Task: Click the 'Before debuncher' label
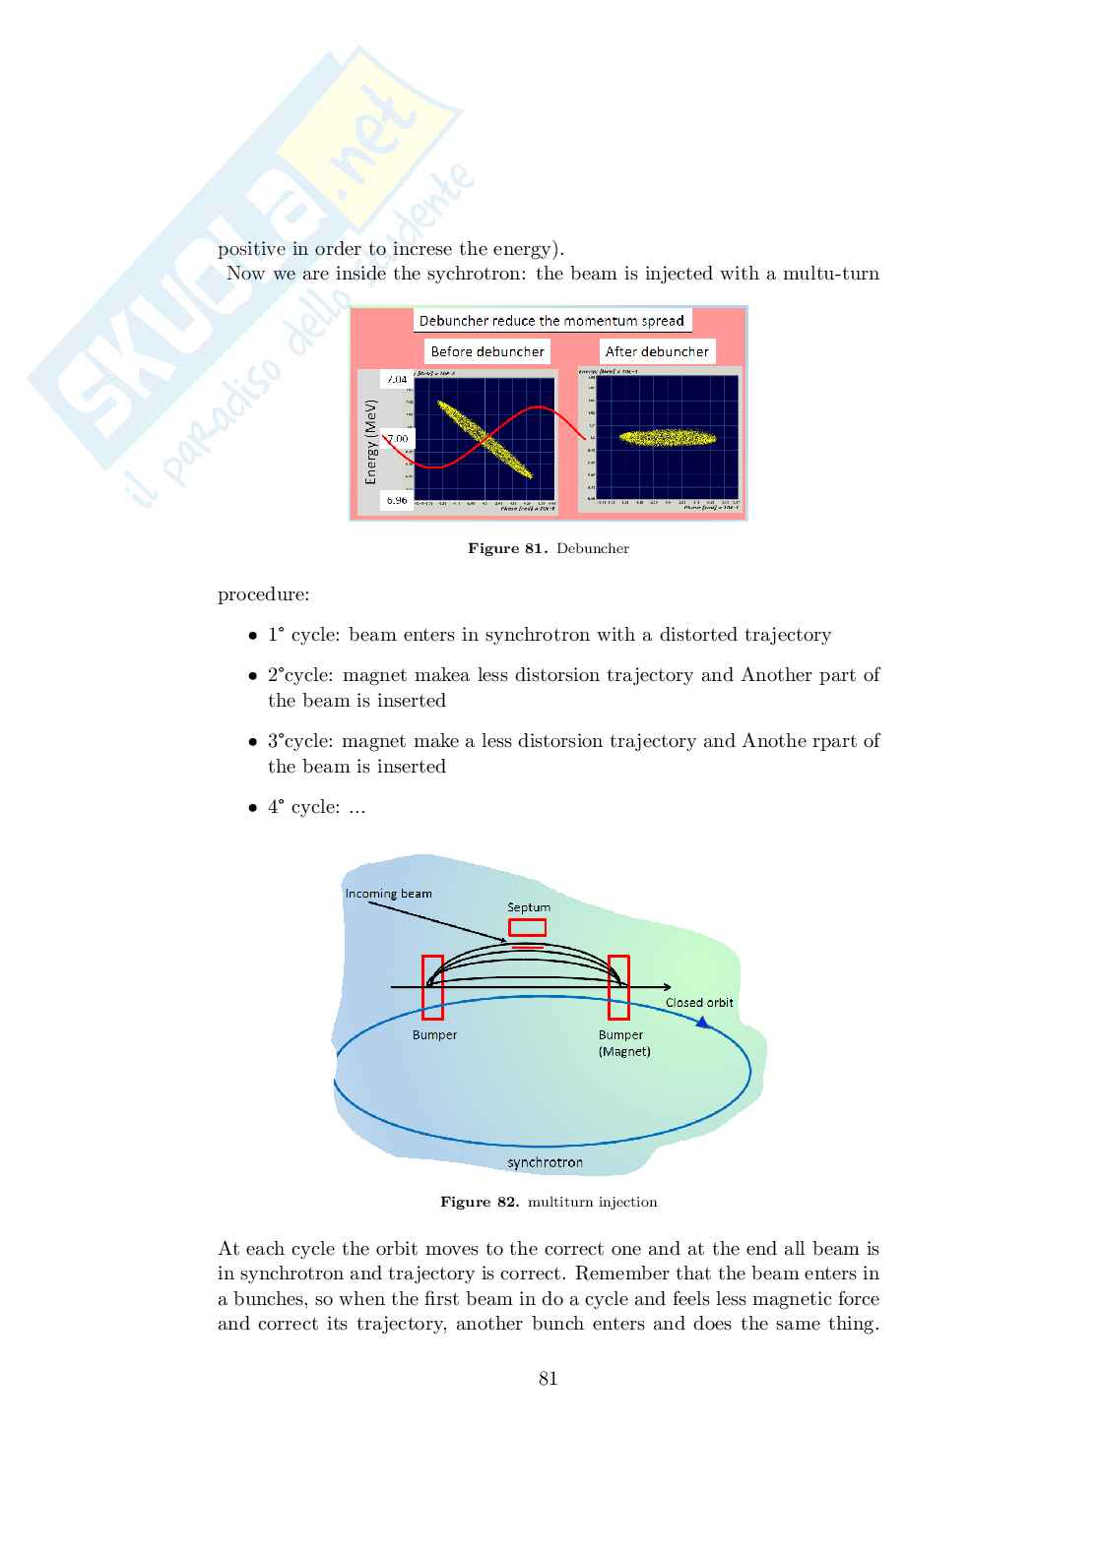[x=487, y=351]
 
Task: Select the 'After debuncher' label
[x=657, y=351]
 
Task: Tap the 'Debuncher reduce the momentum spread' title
[x=551, y=321]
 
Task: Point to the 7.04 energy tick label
[x=396, y=379]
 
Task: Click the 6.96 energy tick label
[x=396, y=500]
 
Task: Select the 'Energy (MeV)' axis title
[x=371, y=441]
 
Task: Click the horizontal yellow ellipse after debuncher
[x=668, y=438]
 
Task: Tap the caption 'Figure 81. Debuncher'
[x=549, y=548]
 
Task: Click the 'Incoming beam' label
[x=388, y=894]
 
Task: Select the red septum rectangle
[x=527, y=927]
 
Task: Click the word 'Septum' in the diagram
[x=529, y=906]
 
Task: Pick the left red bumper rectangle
[x=432, y=987]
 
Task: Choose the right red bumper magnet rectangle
[x=618, y=987]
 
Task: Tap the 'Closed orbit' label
[x=699, y=1003]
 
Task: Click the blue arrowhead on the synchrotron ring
[x=702, y=1023]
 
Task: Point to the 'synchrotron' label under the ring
[x=545, y=1162]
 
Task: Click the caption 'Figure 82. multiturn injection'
[x=549, y=1202]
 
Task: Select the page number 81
[x=549, y=1379]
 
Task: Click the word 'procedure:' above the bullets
[x=264, y=594]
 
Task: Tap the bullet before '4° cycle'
[x=253, y=808]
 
